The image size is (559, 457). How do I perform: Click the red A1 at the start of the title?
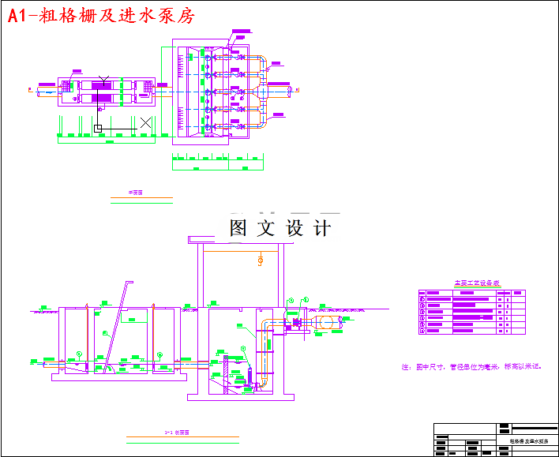coord(20,15)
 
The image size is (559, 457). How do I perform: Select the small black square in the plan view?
coord(98,127)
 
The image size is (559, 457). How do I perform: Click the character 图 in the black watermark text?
coord(240,228)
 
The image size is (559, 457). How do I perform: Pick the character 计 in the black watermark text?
coord(322,228)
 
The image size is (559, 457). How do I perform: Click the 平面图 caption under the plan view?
coord(135,191)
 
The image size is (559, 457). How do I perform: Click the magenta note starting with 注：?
coord(471,367)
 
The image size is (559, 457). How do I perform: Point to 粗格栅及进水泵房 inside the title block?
coord(526,441)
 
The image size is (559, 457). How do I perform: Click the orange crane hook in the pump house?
coord(260,260)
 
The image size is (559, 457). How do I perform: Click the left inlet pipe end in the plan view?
coord(39,91)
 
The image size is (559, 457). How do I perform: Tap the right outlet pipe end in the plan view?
coord(290,90)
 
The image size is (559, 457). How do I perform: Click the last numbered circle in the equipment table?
coord(422,331)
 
